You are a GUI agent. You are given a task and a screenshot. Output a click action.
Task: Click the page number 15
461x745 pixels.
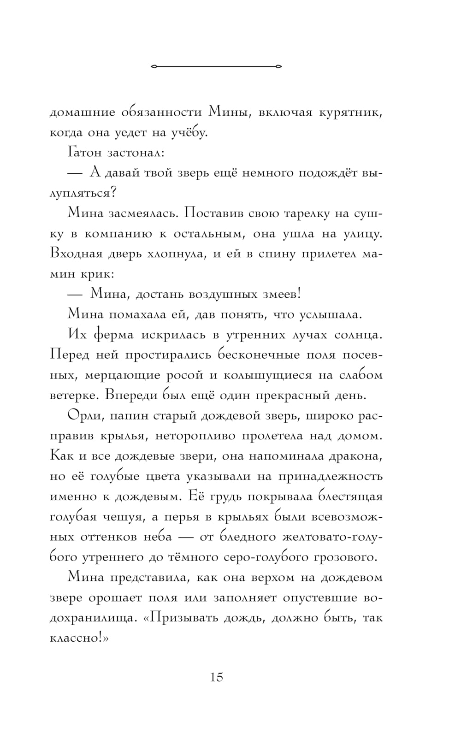coord(217,677)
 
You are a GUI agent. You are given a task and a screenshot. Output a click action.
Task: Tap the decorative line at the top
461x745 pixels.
coord(216,66)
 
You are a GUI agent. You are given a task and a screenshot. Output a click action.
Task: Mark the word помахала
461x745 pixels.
coord(133,314)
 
